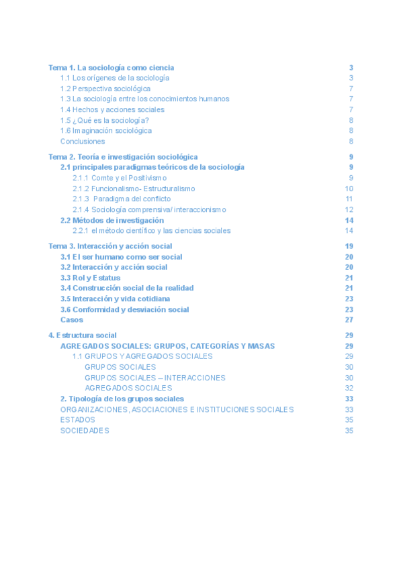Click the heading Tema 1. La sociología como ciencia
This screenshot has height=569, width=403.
click(111, 68)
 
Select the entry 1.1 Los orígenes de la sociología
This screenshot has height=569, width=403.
click(115, 78)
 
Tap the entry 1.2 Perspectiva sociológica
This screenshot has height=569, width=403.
click(105, 89)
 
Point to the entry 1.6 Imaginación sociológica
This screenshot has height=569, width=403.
click(106, 131)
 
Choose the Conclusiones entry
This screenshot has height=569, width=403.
click(83, 142)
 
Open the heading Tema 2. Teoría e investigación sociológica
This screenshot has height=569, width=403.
click(123, 157)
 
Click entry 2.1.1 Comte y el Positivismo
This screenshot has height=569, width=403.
click(120, 178)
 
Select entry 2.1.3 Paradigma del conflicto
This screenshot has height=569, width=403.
click(122, 199)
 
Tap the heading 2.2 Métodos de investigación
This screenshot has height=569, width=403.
click(112, 220)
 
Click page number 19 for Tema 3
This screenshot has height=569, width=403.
click(349, 246)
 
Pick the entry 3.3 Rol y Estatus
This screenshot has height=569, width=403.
click(91, 278)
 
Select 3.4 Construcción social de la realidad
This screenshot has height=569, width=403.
click(127, 288)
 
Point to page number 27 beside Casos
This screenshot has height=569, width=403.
click(349, 320)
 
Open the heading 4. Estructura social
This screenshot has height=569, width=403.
click(83, 335)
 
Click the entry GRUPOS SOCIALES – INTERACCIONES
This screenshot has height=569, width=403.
click(155, 378)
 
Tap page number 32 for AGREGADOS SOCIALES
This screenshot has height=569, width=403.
click(349, 388)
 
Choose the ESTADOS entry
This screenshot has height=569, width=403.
click(78, 420)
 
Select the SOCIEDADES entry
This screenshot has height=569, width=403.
click(85, 431)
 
